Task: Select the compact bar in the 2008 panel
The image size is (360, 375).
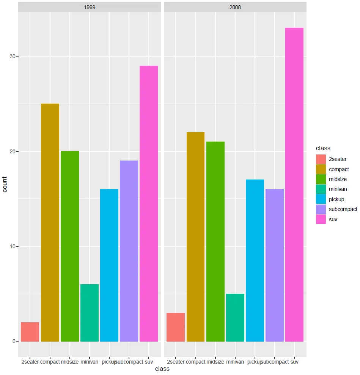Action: [x=195, y=237]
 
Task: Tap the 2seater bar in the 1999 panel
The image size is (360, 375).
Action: [x=30, y=332]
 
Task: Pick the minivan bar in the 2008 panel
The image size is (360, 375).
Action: [x=235, y=318]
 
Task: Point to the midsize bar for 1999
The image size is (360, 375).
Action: [x=70, y=246]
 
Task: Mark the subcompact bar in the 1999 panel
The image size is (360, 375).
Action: [x=129, y=251]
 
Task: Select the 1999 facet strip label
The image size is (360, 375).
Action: [x=90, y=7]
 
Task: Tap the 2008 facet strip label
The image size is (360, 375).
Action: [x=235, y=7]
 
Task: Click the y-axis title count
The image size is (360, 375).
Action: [x=5, y=184]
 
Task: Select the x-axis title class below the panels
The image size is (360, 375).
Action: [x=162, y=369]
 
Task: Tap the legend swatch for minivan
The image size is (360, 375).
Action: [x=321, y=189]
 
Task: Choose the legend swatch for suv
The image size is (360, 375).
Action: [x=321, y=219]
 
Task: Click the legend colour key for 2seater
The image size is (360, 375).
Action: [x=321, y=159]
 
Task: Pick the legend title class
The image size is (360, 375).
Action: [x=323, y=148]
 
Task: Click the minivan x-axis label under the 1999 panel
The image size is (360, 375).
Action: [x=90, y=362]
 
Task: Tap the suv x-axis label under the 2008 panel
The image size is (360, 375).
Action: [x=294, y=362]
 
